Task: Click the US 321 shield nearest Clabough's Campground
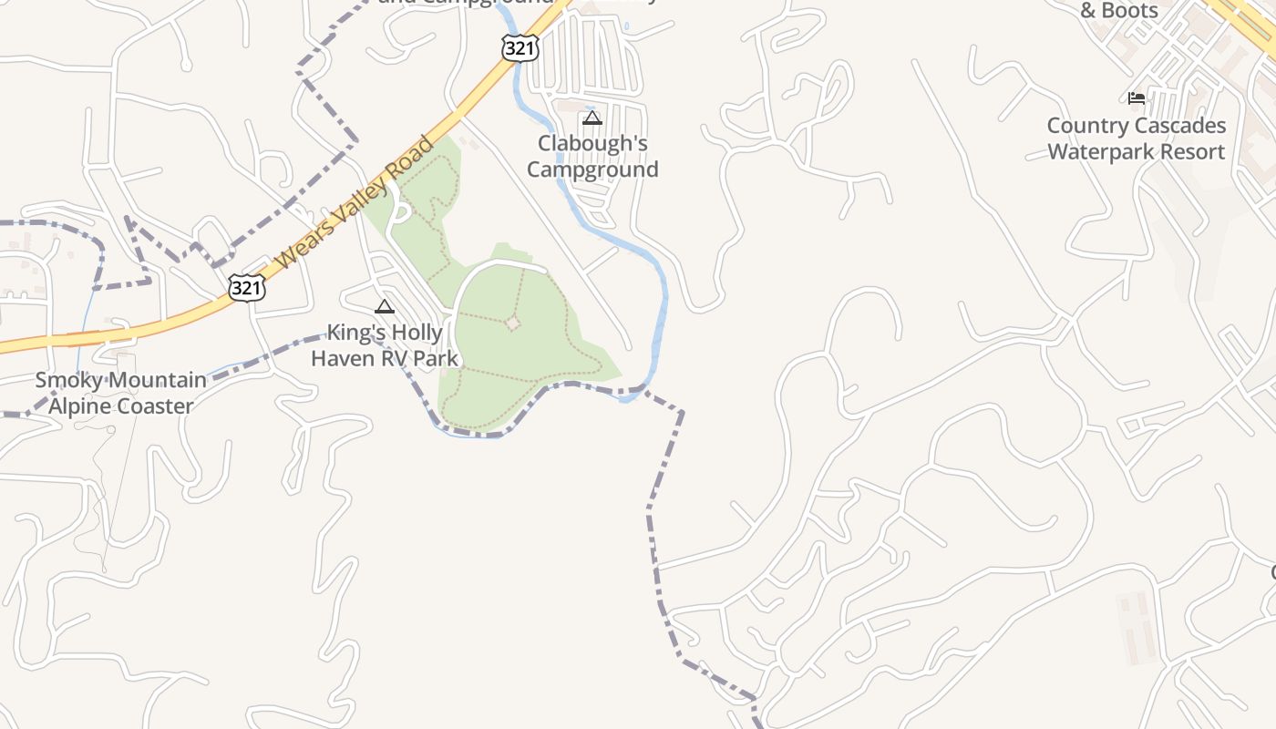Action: tap(520, 48)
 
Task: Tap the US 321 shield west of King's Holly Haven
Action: tap(247, 288)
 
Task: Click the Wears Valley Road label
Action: tap(356, 203)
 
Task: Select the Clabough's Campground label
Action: tap(592, 156)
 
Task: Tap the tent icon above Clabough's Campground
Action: tap(592, 118)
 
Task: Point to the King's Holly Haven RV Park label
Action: tap(384, 344)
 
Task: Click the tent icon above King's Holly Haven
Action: tap(384, 306)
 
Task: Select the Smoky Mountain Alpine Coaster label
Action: tap(120, 393)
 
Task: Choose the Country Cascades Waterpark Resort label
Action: tap(1137, 139)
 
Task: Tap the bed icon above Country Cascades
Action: tap(1137, 98)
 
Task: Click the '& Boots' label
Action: tap(1119, 11)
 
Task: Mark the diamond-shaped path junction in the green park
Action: tap(513, 323)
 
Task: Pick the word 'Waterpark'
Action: tap(1106, 152)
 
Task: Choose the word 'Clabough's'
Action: tap(592, 143)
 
